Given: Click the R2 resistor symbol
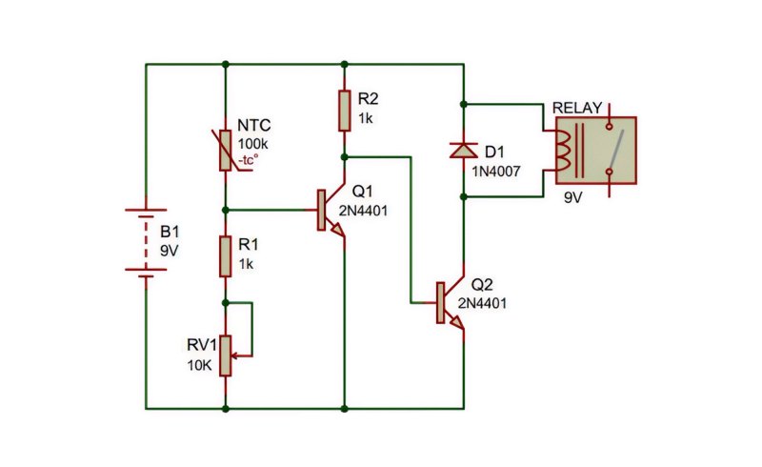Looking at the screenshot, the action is [344, 111].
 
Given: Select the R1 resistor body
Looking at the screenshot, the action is [225, 256].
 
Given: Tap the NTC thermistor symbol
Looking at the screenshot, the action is [225, 151].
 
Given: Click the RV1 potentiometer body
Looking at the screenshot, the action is [225, 355].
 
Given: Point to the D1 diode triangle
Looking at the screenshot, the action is [464, 150].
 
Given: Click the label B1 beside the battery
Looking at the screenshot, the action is [170, 232].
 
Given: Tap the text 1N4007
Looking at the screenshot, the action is [495, 172].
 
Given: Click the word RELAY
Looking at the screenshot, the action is [577, 108].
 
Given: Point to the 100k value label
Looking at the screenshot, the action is [252, 144].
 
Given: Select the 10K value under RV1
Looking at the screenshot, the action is [200, 365].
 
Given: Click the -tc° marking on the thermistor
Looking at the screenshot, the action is [248, 159].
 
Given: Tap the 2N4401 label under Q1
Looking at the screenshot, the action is [363, 211].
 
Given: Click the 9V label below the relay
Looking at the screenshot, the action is [573, 197].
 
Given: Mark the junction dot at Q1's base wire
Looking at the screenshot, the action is [225, 210].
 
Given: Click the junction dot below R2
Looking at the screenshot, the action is [344, 157].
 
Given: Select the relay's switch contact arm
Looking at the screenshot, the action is [616, 148].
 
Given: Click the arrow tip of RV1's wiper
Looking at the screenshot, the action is [232, 356].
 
